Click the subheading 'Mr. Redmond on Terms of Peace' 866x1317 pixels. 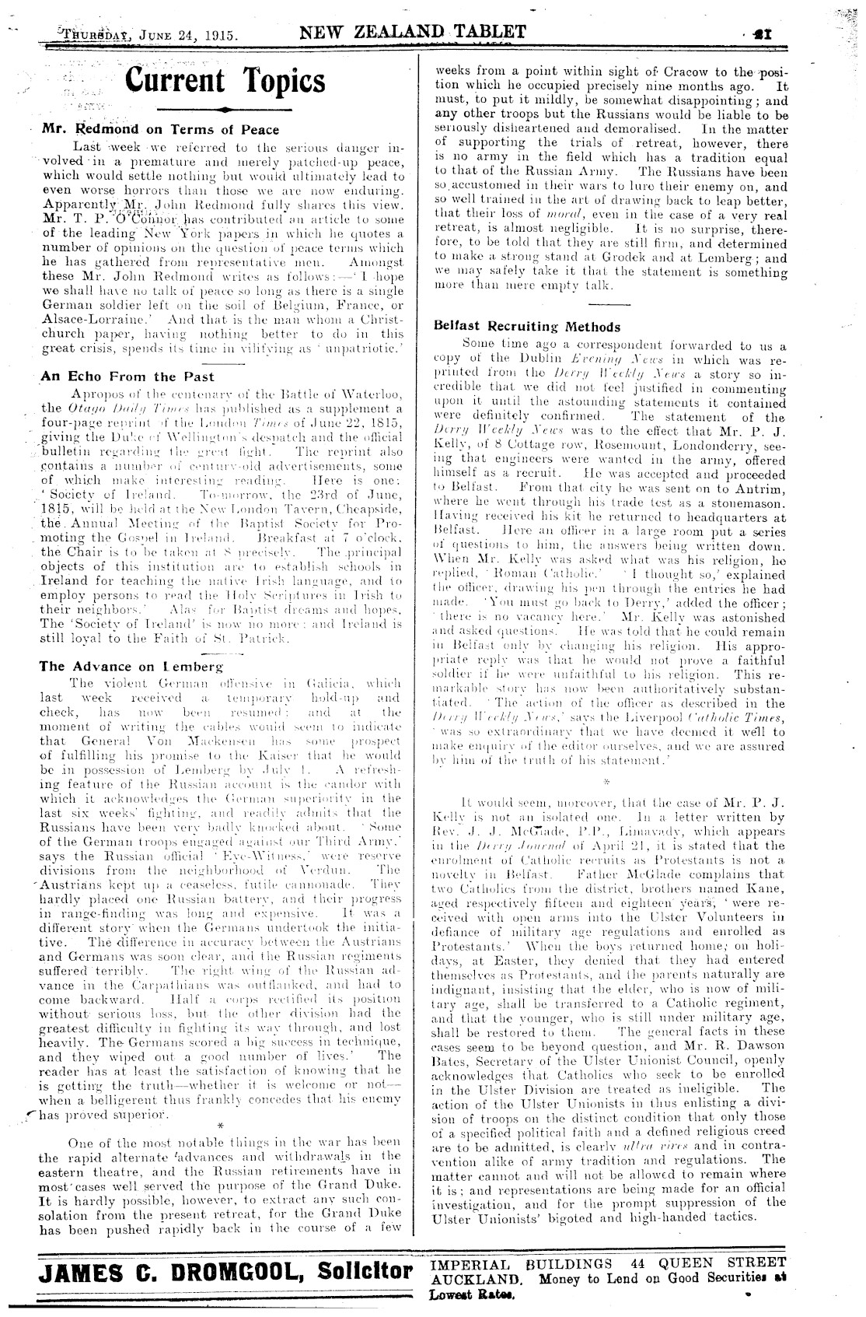pos(159,130)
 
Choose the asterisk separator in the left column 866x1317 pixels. pos(222,1126)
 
